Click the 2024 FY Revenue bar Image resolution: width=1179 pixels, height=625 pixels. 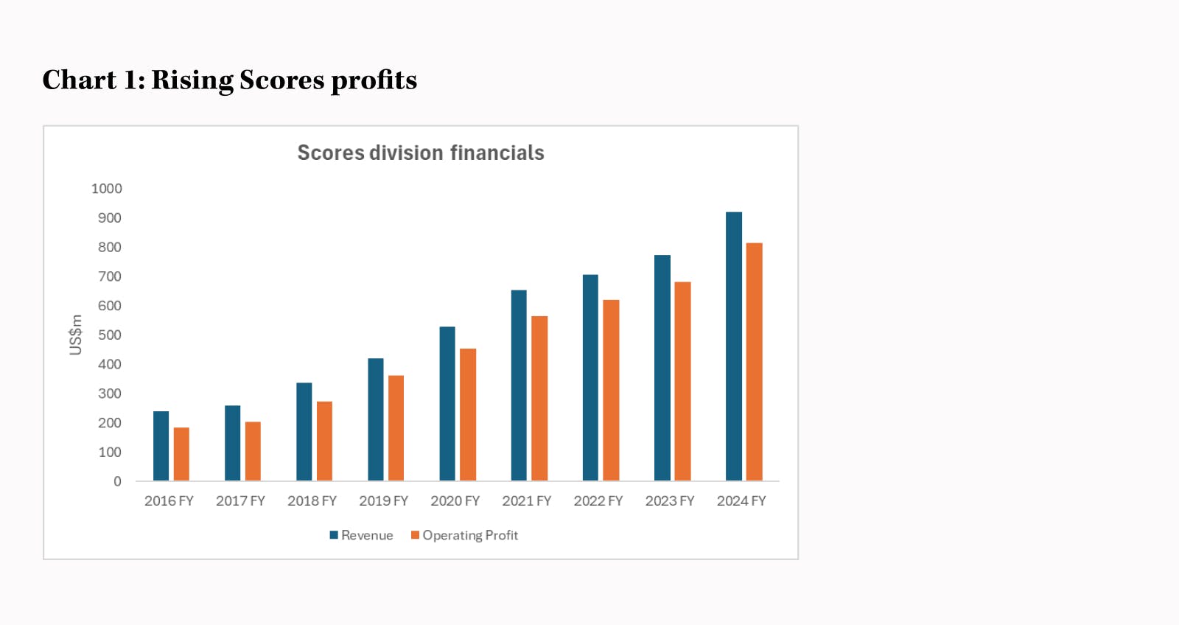tap(734, 346)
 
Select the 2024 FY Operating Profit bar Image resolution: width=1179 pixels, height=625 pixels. tap(754, 362)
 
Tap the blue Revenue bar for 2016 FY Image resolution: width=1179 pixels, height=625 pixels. tap(161, 446)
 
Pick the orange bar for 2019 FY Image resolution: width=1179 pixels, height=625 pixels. tap(396, 428)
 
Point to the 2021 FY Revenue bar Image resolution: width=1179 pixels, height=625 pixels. tap(519, 385)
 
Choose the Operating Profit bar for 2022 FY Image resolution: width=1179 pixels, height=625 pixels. tap(611, 391)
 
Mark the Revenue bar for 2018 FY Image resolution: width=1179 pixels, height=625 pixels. tap(304, 432)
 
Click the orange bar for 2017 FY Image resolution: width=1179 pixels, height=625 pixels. tap(253, 451)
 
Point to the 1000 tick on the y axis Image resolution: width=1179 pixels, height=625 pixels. tap(107, 189)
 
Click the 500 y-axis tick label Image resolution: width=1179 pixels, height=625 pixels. tap(110, 335)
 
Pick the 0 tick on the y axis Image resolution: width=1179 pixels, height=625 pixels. tap(117, 481)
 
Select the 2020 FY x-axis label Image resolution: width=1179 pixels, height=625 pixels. tap(455, 501)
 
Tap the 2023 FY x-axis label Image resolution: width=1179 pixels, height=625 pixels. tap(670, 501)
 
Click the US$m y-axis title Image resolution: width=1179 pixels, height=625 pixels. tap(76, 335)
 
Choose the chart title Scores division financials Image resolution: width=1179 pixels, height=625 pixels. tap(421, 153)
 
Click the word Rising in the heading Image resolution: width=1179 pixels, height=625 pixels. tap(192, 80)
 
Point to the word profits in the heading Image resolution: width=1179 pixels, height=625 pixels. tap(374, 80)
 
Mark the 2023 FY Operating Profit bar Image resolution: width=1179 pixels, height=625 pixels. tap(682, 381)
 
